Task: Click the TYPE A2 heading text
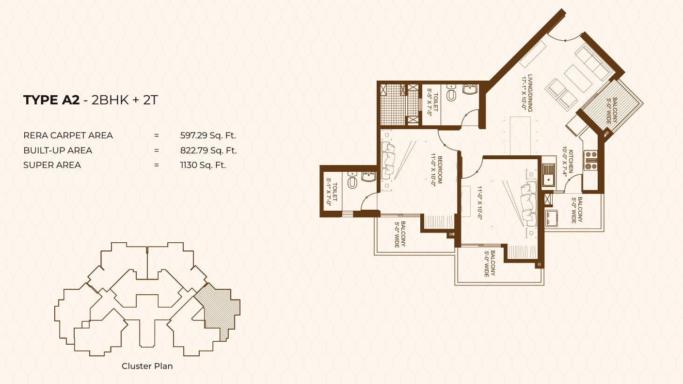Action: point(51,100)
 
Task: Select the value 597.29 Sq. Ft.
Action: point(208,135)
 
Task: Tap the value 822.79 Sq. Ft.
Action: point(208,150)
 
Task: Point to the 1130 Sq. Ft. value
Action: point(203,165)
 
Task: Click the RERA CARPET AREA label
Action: point(68,135)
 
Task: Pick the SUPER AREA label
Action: point(52,165)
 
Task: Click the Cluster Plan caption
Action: point(147,366)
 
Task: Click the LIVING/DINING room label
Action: point(527,93)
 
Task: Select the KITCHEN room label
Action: point(568,162)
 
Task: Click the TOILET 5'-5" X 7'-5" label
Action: point(432,102)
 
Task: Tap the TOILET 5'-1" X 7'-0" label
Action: point(332,191)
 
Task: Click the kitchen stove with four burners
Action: point(590,160)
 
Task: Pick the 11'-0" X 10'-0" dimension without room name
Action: point(479,203)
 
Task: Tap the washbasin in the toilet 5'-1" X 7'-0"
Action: point(369,176)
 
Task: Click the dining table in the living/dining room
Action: point(520,135)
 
